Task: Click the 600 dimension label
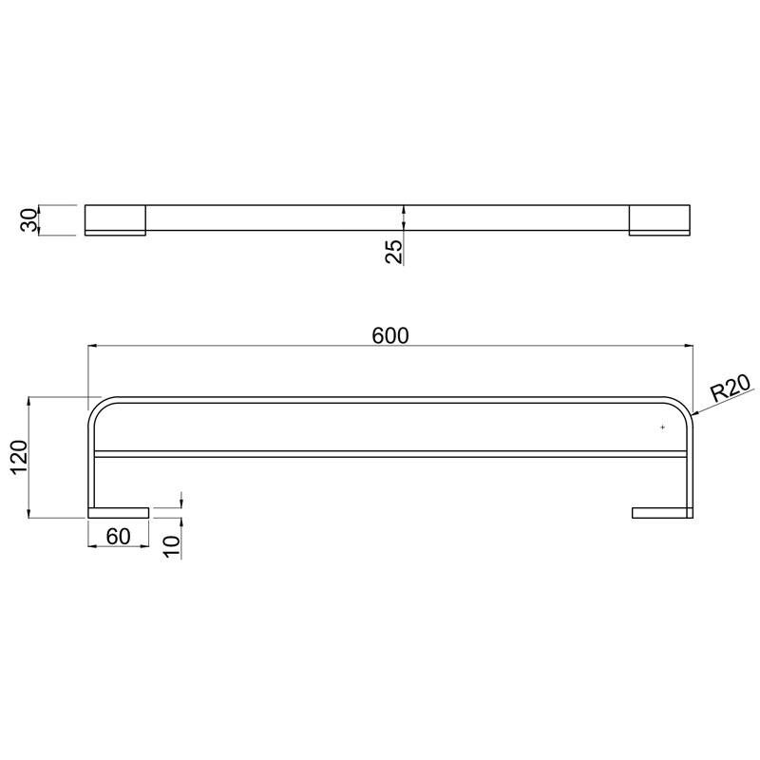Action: coord(390,335)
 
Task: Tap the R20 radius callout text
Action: coord(731,388)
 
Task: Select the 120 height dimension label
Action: coord(20,458)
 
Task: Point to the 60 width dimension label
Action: coord(118,537)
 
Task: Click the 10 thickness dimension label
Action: coord(172,546)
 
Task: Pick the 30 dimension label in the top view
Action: coord(29,220)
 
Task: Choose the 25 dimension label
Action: coord(394,252)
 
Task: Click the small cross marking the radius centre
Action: coord(662,427)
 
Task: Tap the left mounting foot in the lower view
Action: coord(118,513)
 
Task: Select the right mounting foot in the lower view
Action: coord(662,513)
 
